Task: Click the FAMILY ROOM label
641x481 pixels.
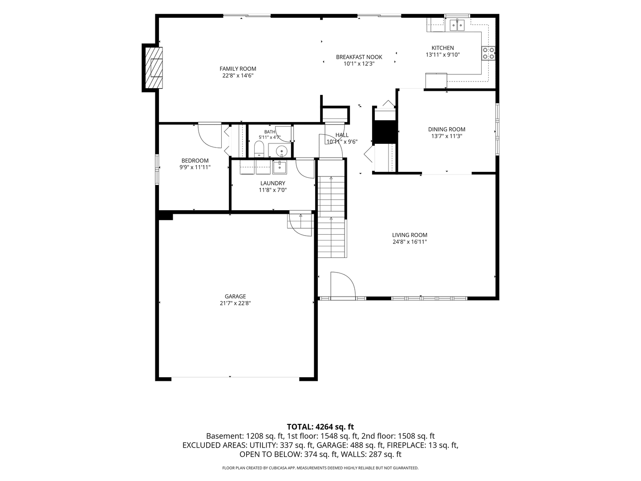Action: [238, 69]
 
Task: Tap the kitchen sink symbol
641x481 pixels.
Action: [457, 25]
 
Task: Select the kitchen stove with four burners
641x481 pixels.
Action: [488, 53]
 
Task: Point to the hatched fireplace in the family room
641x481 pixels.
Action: [154, 68]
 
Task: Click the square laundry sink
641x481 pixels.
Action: [280, 167]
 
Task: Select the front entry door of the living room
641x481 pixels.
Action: [343, 285]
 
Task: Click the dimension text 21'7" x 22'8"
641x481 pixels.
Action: [235, 303]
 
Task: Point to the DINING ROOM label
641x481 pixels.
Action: [446, 129]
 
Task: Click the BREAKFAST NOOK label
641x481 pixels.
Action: [359, 57]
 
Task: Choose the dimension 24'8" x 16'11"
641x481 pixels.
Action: [410, 241]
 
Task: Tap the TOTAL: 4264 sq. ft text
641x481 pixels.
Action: [320, 427]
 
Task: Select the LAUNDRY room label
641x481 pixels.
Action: [272, 183]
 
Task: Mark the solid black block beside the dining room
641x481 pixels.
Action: [385, 132]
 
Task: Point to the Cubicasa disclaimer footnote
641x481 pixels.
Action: [320, 468]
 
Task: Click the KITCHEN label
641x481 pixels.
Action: [443, 48]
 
